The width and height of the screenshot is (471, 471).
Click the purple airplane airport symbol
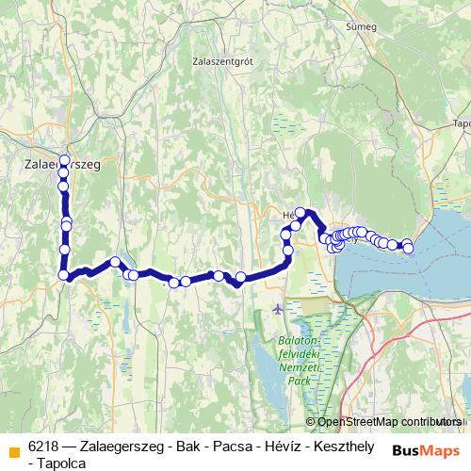tap(276, 309)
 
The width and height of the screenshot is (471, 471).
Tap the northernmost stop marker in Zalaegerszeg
tap(64, 159)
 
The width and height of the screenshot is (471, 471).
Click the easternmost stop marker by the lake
tap(408, 248)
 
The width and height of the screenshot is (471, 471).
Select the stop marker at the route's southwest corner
tap(64, 275)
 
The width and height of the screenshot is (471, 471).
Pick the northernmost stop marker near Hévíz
tap(301, 213)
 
